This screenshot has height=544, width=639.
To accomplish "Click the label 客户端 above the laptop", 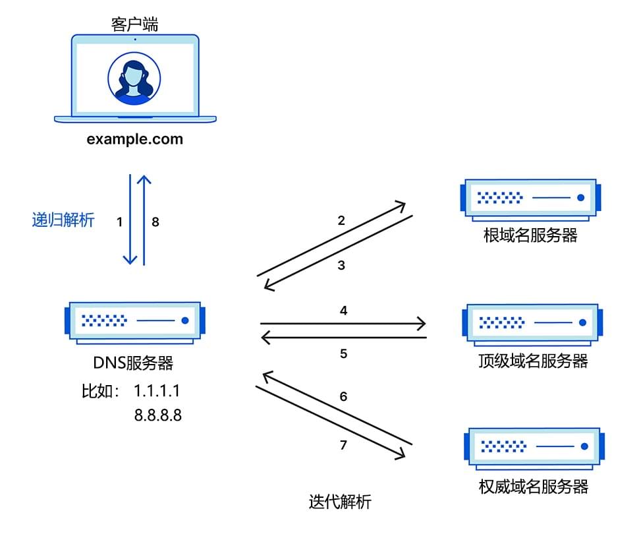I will (135, 24).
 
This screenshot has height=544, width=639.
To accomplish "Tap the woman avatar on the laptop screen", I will (134, 78).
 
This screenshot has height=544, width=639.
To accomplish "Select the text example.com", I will (135, 139).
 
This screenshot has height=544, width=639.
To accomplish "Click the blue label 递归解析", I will (63, 220).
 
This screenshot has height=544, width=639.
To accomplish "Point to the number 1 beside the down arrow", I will (119, 222).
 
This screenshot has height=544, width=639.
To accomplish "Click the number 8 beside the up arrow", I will (155, 222).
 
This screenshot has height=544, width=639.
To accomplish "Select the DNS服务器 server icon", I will (134, 322).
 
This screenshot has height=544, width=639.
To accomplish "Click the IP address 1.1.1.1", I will (157, 391).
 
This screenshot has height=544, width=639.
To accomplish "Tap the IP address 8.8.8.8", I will (158, 415).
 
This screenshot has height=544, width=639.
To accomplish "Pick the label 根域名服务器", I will (530, 236).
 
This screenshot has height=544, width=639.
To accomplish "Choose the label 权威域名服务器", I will (533, 487).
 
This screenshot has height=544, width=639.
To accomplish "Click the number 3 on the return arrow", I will (341, 266).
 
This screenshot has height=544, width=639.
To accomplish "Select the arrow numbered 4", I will (343, 324).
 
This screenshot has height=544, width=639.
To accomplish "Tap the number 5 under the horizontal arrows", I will (343, 354).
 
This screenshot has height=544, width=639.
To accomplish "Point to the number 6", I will (343, 397).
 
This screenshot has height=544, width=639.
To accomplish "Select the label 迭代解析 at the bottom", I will (340, 502).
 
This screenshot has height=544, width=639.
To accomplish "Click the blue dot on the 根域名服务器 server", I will (580, 198).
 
